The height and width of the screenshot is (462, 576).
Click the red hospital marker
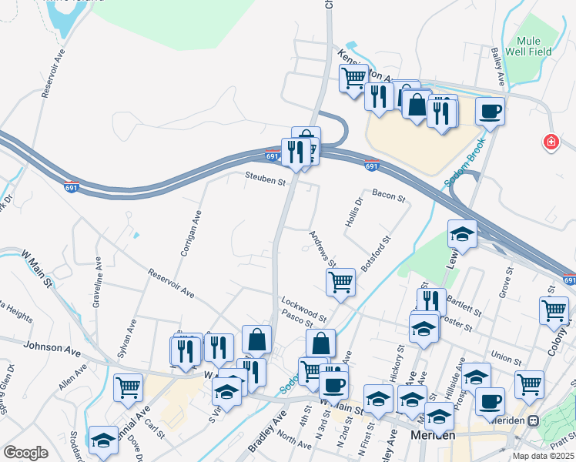pos(551,142)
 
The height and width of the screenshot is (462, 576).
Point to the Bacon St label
pos(388,197)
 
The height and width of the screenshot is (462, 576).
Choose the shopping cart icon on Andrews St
pos(340,281)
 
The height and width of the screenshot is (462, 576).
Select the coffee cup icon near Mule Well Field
pos(490,112)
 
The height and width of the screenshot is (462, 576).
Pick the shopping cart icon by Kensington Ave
pos(353,78)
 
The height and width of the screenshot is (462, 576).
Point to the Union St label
pos(506,358)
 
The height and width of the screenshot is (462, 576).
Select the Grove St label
pos(506,286)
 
